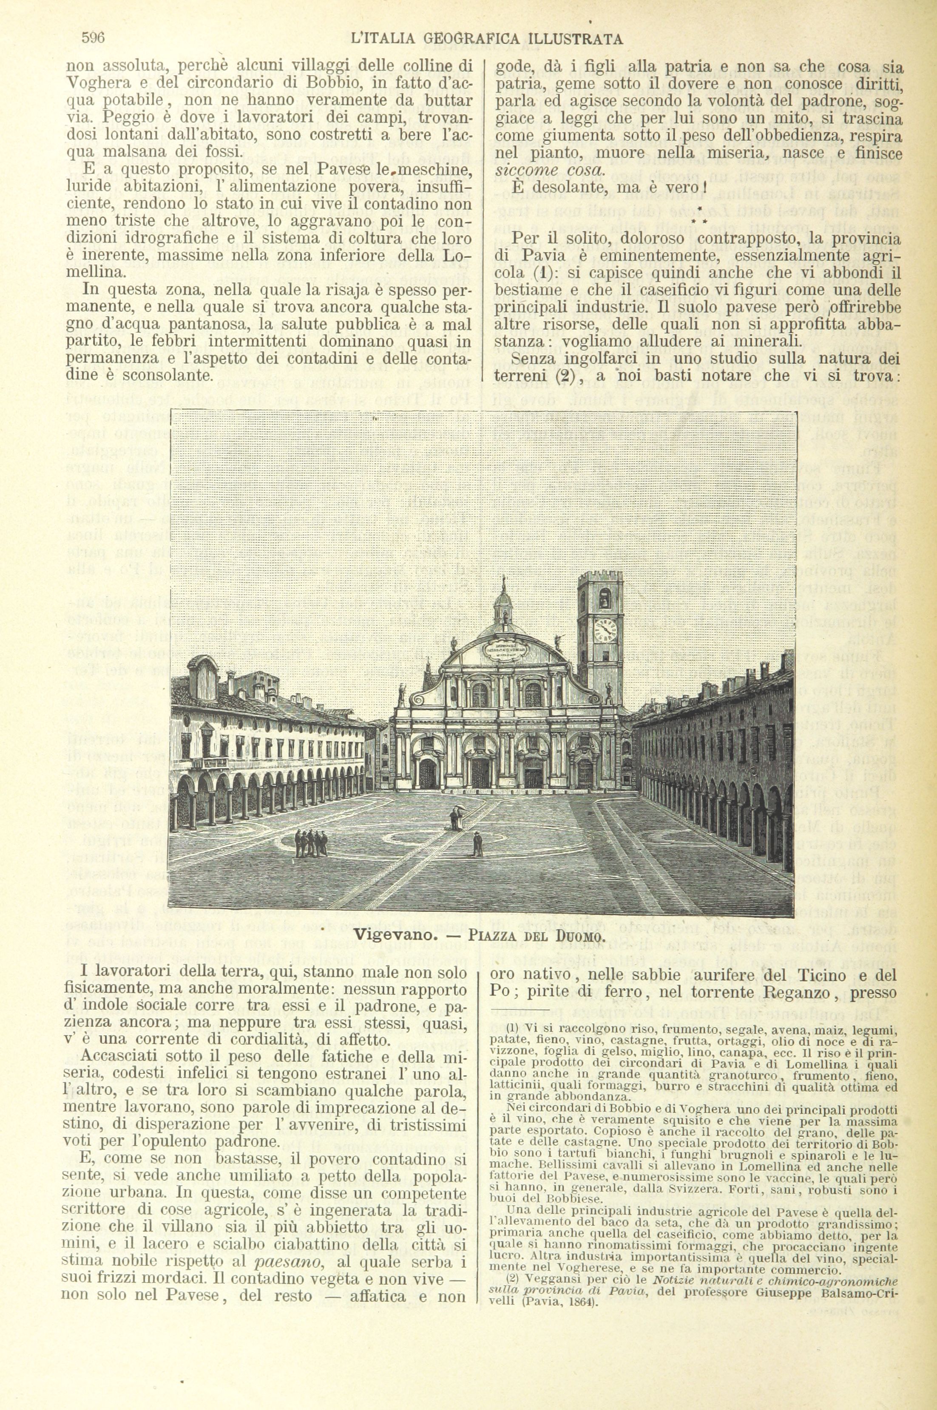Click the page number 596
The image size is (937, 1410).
[93, 38]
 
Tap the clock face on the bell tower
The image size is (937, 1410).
[605, 628]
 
